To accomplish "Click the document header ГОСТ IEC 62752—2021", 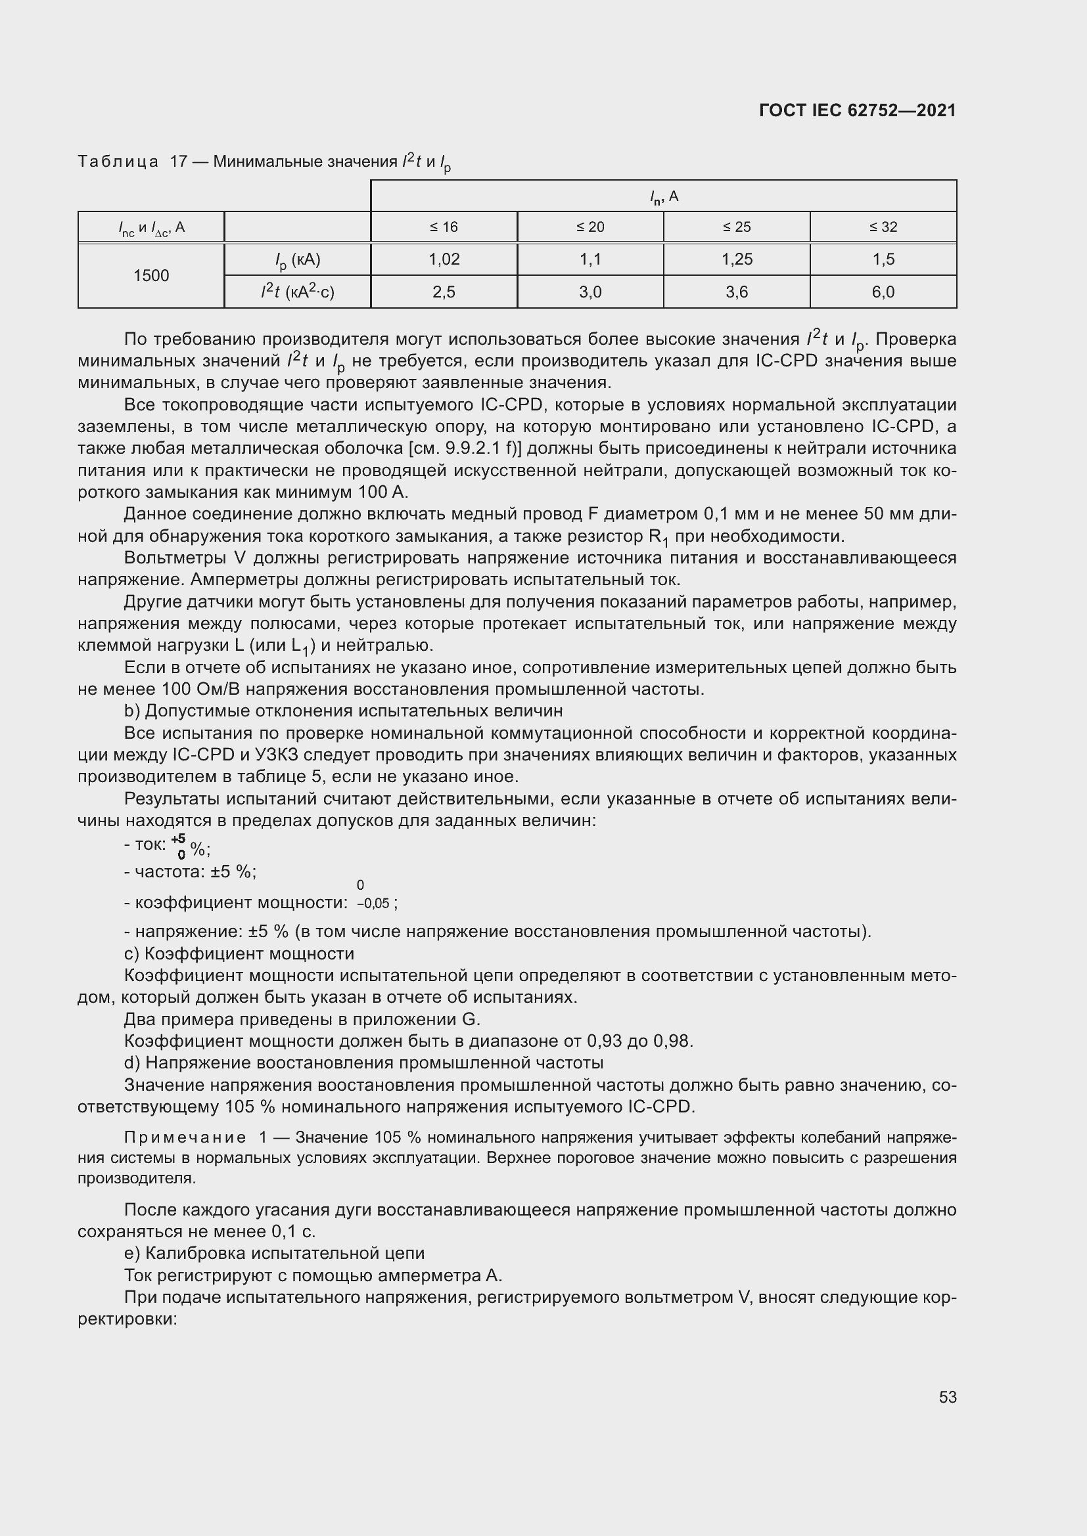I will (x=858, y=110).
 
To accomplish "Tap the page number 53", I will (x=947, y=1397).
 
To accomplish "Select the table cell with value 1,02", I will (x=444, y=259).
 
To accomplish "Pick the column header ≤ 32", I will (x=883, y=227).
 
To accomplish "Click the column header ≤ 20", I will (x=590, y=227).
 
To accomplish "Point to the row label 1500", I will (x=150, y=276).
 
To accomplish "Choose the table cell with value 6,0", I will (x=883, y=292).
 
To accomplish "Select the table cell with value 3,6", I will (x=736, y=292).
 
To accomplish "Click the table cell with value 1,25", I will (x=736, y=259).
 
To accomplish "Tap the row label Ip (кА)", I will (x=297, y=260).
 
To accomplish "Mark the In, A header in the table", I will (x=663, y=197).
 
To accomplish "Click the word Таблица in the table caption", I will (x=118, y=162).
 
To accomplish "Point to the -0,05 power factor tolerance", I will (x=373, y=904).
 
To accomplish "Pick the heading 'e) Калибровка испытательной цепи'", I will (x=275, y=1253).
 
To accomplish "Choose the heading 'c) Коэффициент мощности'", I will (x=239, y=954).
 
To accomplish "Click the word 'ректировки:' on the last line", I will (x=127, y=1319).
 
